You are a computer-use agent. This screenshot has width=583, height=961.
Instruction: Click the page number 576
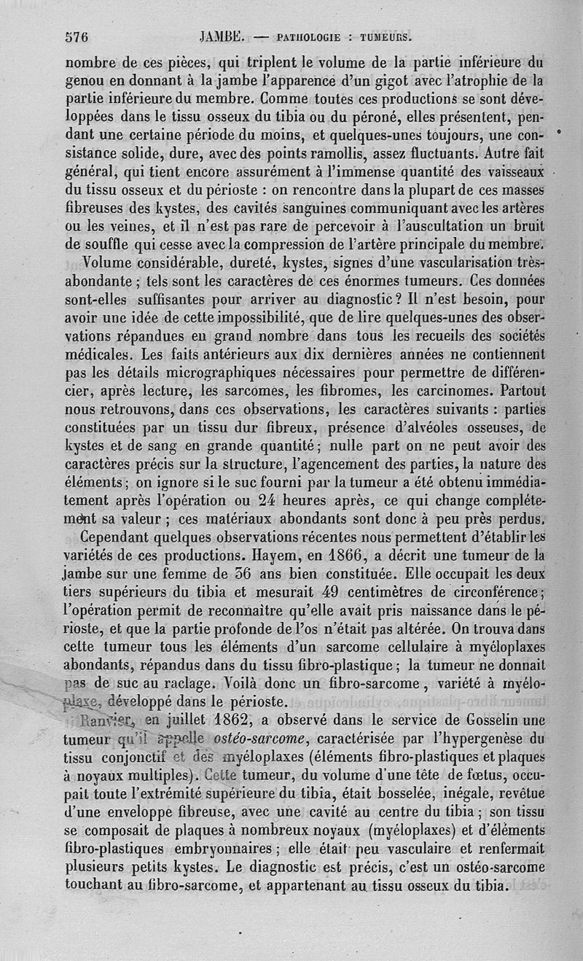click(76, 36)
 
